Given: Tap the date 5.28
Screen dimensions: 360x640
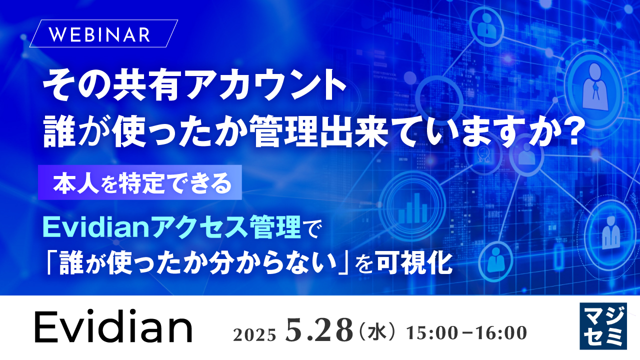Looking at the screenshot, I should [317, 330].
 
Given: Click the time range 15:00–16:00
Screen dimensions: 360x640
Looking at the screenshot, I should [467, 332].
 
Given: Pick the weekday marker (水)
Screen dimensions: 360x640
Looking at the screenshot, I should [375, 332].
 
